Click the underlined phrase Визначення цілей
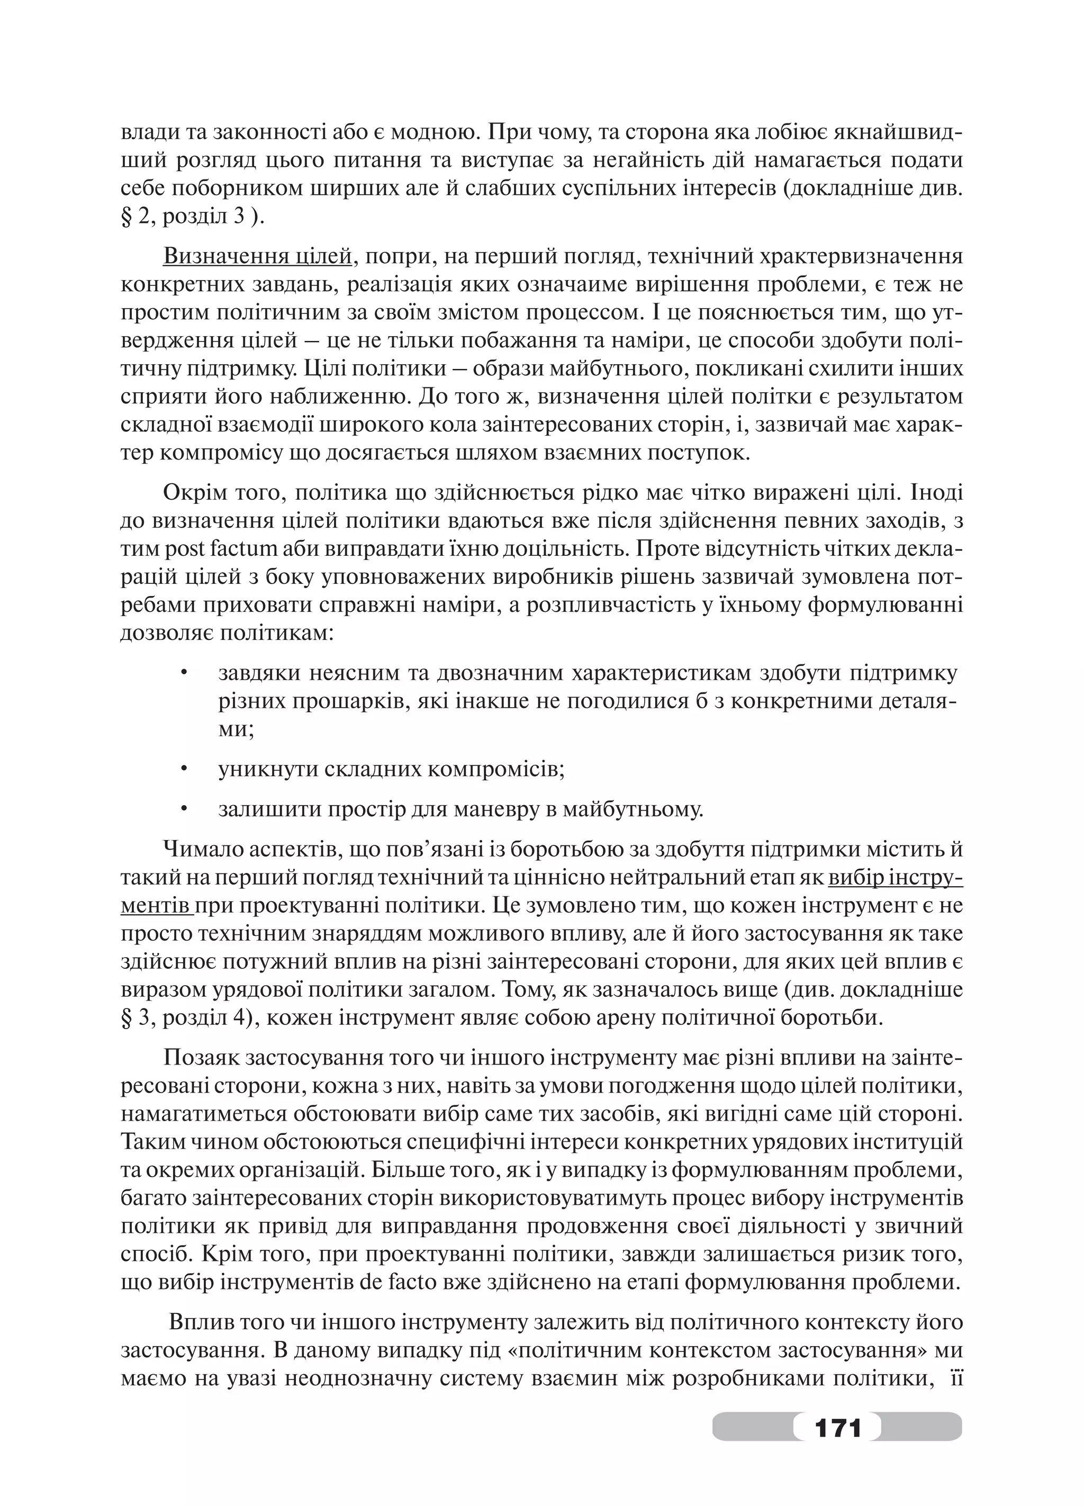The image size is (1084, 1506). (256, 256)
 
